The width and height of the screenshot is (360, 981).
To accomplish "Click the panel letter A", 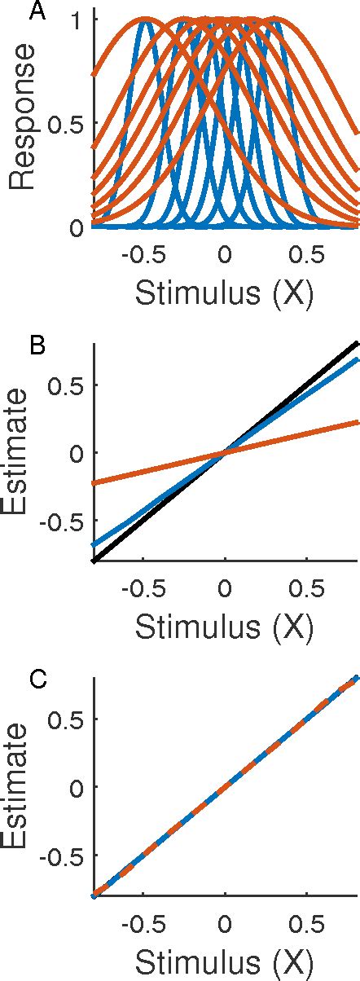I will pos(37,11).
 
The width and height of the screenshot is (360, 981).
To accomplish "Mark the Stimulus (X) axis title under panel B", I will pos(223,626).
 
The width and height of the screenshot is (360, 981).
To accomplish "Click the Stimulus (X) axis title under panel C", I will pos(223,960).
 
